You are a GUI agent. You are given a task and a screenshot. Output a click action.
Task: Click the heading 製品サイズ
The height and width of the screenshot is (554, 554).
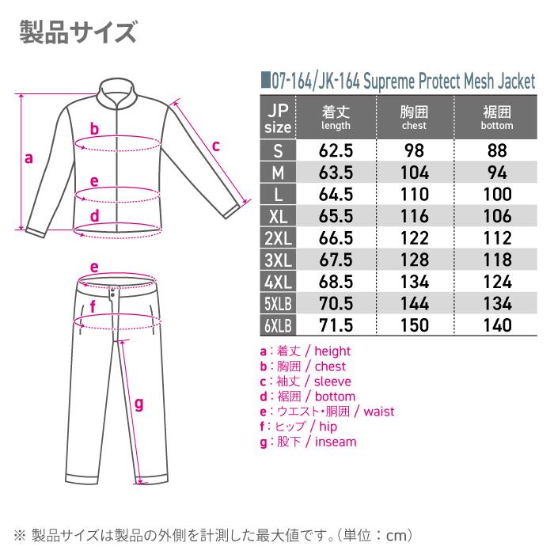pos(77,33)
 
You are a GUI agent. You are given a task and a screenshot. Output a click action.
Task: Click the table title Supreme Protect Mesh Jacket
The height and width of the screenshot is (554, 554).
pos(399,80)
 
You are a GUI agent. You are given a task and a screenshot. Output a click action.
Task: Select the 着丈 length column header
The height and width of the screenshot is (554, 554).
pos(336,117)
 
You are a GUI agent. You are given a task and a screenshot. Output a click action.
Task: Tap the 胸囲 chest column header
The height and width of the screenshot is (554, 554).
pos(414,117)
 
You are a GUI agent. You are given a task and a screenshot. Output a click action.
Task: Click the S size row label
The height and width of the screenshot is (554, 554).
pos(278,150)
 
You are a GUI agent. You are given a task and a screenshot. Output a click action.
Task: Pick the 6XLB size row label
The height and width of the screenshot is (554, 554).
pos(278,324)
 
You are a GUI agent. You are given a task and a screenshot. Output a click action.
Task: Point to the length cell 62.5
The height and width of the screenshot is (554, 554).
pos(336,150)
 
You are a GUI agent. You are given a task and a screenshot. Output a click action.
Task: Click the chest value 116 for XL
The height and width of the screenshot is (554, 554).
pos(414,216)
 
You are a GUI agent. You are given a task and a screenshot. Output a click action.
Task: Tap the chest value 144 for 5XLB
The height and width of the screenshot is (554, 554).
pos(414,303)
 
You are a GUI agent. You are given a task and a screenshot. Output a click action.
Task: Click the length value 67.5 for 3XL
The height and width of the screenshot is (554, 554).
pos(336,260)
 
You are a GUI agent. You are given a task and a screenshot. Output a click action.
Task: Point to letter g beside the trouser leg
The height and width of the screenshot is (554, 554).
pos(138,404)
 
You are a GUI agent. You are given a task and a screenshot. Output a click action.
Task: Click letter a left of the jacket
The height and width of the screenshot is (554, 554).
pos(29,157)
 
